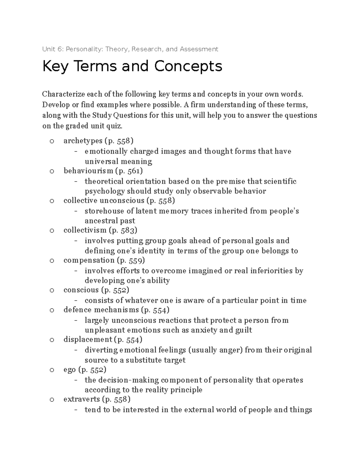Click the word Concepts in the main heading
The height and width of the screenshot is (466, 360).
(x=188, y=66)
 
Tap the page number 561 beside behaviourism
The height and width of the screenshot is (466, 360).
(x=133, y=171)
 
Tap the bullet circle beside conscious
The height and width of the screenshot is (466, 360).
(x=52, y=290)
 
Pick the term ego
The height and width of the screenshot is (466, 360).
(x=69, y=369)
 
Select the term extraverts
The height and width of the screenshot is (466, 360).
(x=82, y=399)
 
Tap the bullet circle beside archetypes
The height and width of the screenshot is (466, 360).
(x=52, y=141)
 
